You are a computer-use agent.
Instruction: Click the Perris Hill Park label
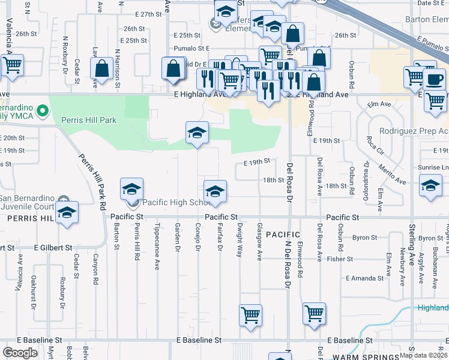89,120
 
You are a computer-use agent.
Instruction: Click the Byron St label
364,238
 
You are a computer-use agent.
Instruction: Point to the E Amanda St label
365,278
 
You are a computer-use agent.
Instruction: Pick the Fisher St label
340,259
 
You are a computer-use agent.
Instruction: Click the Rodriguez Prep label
414,131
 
